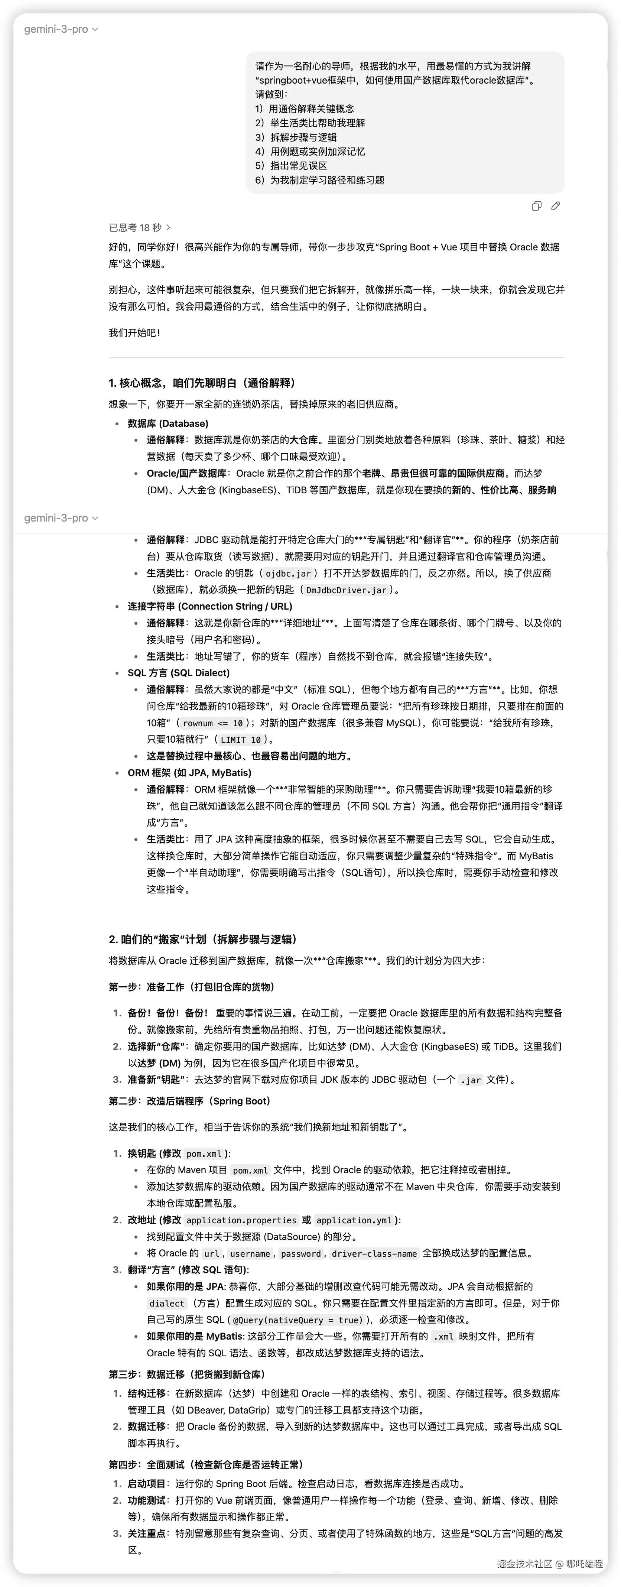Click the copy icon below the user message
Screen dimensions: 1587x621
pyautogui.click(x=536, y=206)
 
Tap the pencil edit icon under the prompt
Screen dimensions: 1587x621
pyautogui.click(x=556, y=206)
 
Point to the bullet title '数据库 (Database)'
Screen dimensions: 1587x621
pyautogui.click(x=168, y=423)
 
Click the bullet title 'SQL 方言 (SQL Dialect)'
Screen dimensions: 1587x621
pyautogui.click(x=178, y=673)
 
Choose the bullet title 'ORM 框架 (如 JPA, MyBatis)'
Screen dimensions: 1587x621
pyautogui.click(x=189, y=773)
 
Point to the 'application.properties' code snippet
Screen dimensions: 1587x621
pyautogui.click(x=241, y=1220)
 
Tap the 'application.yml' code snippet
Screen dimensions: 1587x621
pyautogui.click(x=354, y=1220)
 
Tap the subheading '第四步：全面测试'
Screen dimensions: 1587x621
pyautogui.click(x=205, y=1464)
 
